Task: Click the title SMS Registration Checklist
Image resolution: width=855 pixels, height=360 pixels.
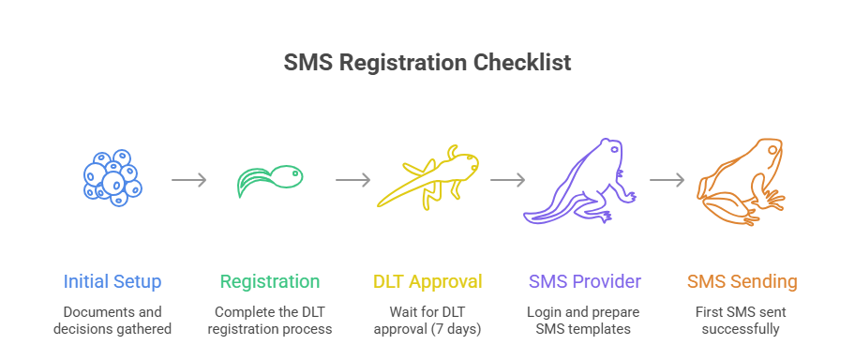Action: (x=427, y=63)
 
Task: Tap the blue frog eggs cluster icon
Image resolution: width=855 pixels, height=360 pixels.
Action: (x=112, y=178)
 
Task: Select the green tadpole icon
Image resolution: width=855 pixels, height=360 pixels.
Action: (x=270, y=179)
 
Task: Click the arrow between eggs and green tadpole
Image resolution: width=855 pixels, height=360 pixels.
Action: (x=189, y=180)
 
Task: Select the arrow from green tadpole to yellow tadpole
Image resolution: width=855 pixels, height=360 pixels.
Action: (x=352, y=180)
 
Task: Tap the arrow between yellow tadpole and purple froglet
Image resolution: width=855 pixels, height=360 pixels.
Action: (x=506, y=180)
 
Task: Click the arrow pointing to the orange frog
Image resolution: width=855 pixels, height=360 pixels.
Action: (x=667, y=180)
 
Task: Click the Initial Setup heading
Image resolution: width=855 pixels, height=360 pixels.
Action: (x=112, y=281)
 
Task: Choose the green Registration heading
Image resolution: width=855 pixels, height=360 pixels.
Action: (x=270, y=281)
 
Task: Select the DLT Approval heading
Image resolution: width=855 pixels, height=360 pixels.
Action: (x=427, y=281)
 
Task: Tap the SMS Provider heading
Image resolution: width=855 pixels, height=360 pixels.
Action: (x=585, y=281)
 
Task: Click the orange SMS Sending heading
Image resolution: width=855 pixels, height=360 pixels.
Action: (x=742, y=281)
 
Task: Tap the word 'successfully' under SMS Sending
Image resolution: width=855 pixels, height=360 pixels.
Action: (x=742, y=328)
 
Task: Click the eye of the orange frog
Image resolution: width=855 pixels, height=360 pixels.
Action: (x=772, y=149)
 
